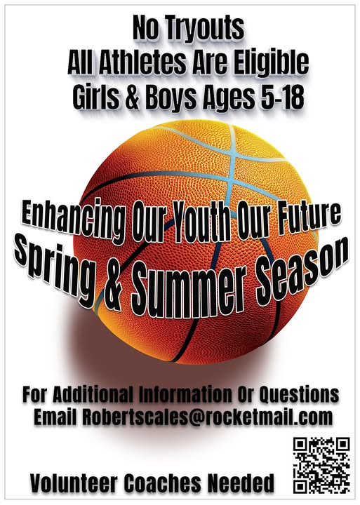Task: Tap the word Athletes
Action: tap(142, 62)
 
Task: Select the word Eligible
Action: tap(271, 63)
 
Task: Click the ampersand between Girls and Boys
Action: tap(132, 97)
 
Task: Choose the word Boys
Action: tap(171, 98)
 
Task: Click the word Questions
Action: tap(299, 394)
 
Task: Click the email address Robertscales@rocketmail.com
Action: tap(207, 417)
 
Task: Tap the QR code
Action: tap(321, 464)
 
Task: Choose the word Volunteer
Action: tap(74, 484)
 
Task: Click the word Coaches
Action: tap(163, 484)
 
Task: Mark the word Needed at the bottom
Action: tap(241, 484)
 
